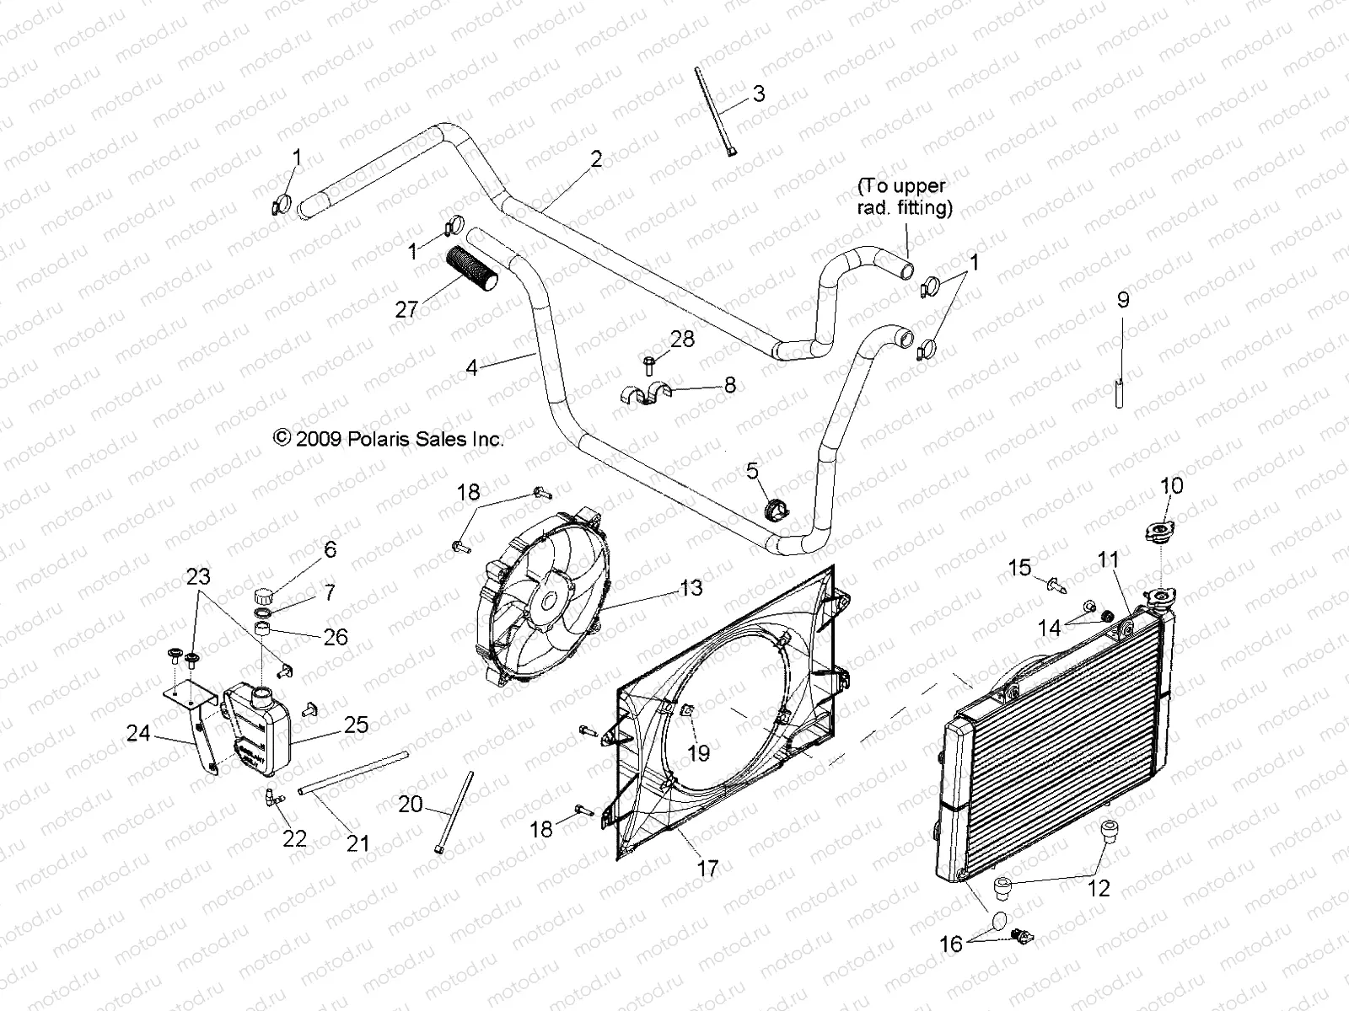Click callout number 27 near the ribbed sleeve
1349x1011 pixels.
(x=406, y=309)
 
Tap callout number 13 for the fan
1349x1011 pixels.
(x=691, y=588)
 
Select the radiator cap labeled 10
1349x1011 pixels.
(x=1164, y=532)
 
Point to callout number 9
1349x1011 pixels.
(x=1122, y=300)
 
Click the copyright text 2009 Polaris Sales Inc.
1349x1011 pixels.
(x=389, y=438)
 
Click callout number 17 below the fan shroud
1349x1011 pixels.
(x=707, y=868)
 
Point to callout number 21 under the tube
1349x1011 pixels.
(x=358, y=842)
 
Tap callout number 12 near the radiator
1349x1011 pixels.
(x=1099, y=888)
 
